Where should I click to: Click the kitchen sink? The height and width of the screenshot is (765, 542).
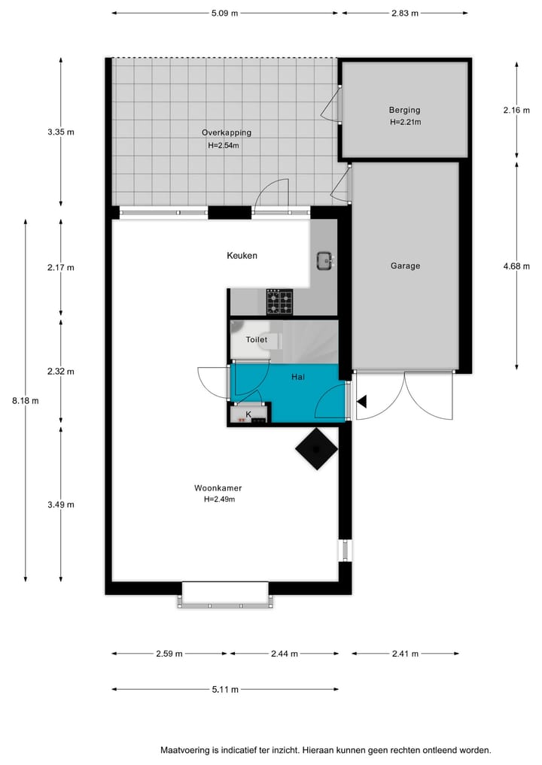pyautogui.click(x=325, y=261)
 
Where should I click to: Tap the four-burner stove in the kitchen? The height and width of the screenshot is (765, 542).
pyautogui.click(x=280, y=302)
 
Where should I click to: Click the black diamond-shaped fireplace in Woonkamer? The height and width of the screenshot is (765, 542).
pyautogui.click(x=316, y=450)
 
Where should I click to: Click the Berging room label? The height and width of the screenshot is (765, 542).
pyautogui.click(x=404, y=110)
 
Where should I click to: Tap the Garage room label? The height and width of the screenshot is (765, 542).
pyautogui.click(x=405, y=266)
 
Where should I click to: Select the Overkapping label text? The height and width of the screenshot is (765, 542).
pyautogui.click(x=226, y=132)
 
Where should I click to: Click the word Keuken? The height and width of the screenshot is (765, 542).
pyautogui.click(x=242, y=256)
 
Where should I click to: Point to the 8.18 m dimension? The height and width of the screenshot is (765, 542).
pyautogui.click(x=26, y=400)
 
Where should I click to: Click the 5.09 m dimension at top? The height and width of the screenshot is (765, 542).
pyautogui.click(x=224, y=13)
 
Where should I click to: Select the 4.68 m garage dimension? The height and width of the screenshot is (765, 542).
pyautogui.click(x=516, y=266)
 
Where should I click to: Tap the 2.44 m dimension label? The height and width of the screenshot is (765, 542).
pyautogui.click(x=284, y=654)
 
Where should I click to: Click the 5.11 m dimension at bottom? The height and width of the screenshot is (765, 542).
pyautogui.click(x=224, y=689)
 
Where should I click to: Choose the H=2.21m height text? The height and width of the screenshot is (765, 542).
pyautogui.click(x=405, y=122)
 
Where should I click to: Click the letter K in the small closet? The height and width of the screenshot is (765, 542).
pyautogui.click(x=248, y=414)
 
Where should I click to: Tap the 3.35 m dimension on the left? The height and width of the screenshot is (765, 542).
pyautogui.click(x=61, y=132)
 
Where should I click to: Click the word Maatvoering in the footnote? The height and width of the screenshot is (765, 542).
pyautogui.click(x=184, y=750)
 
